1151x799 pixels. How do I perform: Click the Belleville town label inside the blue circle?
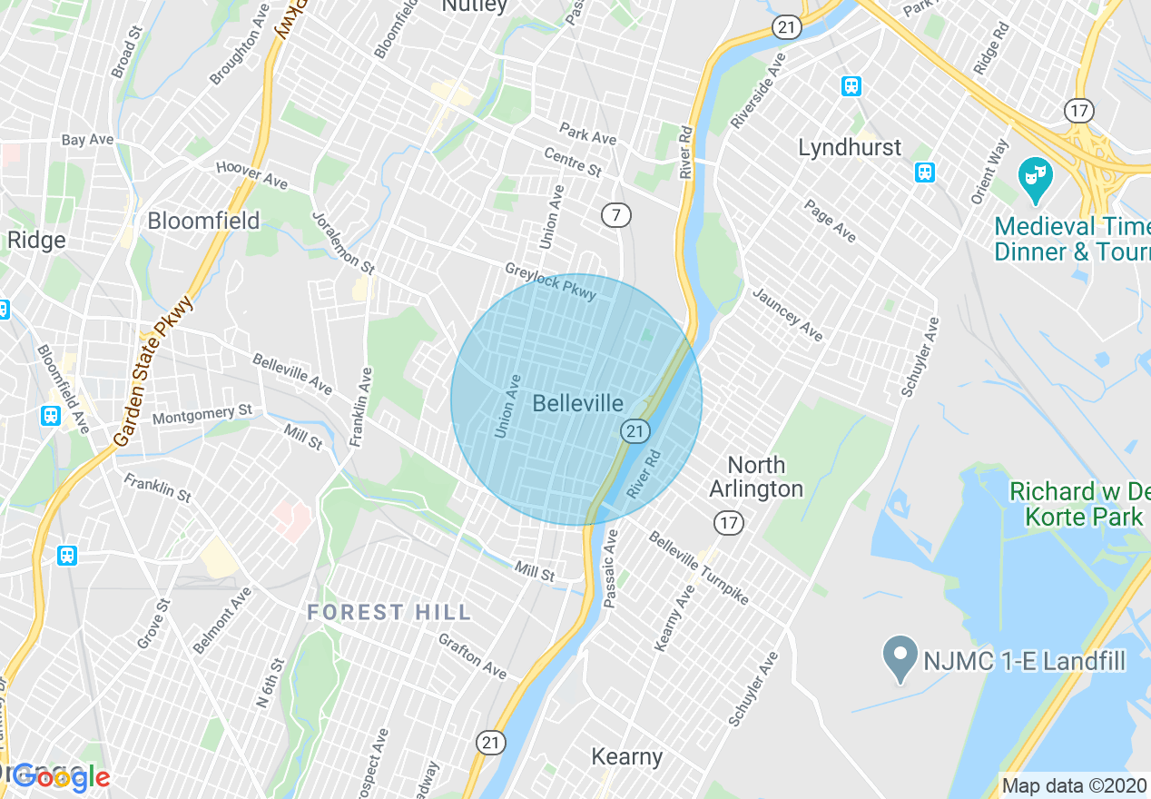click(578, 404)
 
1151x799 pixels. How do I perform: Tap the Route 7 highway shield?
click(616, 215)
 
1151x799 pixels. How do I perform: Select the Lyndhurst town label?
click(850, 147)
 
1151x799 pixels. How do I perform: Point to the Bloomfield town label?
click(203, 221)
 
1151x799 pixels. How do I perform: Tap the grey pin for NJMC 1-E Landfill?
click(900, 658)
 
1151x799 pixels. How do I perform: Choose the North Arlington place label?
click(756, 477)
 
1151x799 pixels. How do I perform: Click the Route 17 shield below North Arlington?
click(728, 522)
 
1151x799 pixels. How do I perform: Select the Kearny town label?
click(626, 756)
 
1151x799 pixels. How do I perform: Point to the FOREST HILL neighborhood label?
click(389, 613)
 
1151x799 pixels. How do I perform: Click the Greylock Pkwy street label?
click(551, 281)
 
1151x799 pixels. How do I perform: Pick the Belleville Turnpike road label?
click(698, 568)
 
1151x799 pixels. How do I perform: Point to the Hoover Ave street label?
click(251, 175)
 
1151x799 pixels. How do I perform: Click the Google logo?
click(60, 776)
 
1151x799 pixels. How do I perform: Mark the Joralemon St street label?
click(343, 243)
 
